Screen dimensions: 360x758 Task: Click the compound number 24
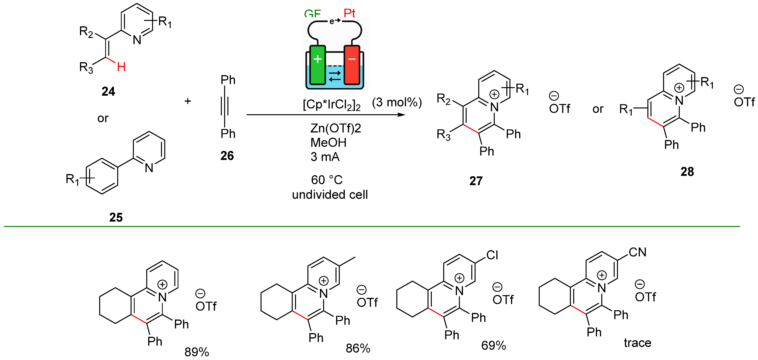(108, 91)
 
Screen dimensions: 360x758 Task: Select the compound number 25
(116, 217)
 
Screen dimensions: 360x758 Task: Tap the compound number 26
(227, 156)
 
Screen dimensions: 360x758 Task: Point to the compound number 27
(476, 181)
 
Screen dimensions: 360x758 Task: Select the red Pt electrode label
(350, 13)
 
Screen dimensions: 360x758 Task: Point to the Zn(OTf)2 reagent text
(336, 128)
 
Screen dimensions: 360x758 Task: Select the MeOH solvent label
(328, 143)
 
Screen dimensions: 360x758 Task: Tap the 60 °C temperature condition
(327, 180)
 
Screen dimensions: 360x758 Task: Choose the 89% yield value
(197, 352)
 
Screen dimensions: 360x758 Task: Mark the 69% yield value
(493, 345)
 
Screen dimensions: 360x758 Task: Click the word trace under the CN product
(637, 343)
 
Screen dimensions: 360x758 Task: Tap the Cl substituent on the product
(492, 255)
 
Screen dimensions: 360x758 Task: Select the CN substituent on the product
(637, 252)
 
